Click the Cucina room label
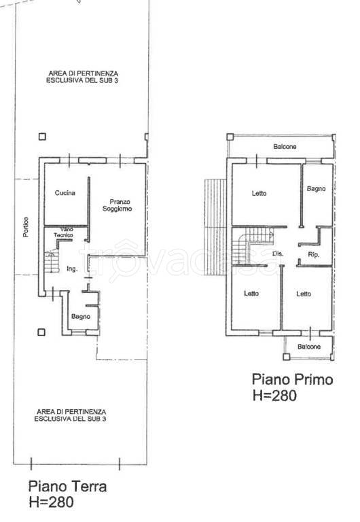click(65, 193)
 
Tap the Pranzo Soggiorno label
click(117, 205)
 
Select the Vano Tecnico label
click(64, 232)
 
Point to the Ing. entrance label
click(72, 269)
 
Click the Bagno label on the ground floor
click(81, 317)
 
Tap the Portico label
click(26, 227)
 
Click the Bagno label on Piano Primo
click(316, 189)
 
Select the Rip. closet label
click(313, 255)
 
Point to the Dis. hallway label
click(278, 254)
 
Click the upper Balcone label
click(285, 147)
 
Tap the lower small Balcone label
click(309, 347)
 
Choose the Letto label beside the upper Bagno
click(259, 193)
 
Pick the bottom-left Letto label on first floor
click(251, 294)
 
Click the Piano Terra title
click(67, 487)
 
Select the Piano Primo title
click(293, 379)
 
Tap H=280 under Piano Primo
click(274, 396)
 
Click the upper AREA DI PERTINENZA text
click(82, 77)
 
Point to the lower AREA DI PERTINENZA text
click(71, 415)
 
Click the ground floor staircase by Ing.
click(52, 262)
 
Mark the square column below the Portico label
click(41, 332)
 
